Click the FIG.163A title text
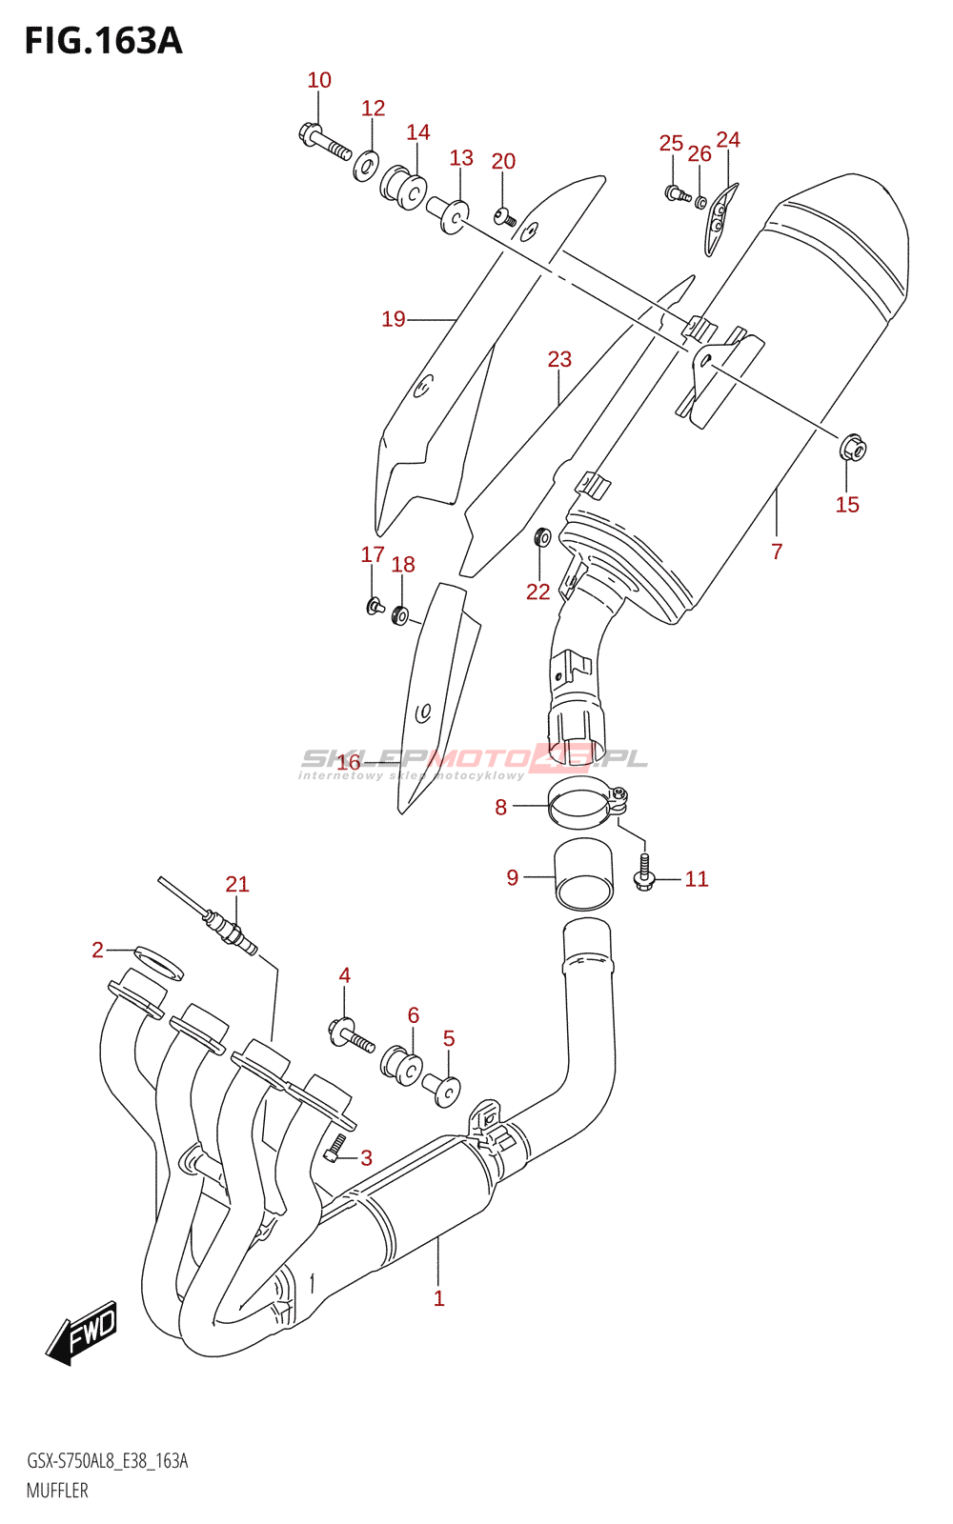[x=104, y=41]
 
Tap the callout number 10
[x=319, y=80]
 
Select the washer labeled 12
[x=367, y=165]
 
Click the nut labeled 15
[x=854, y=448]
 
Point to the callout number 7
[x=777, y=551]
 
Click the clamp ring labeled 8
[x=587, y=804]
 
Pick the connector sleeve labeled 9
[x=584, y=875]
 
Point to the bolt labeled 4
[x=352, y=1034]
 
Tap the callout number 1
[x=439, y=1298]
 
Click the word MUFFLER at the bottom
[x=57, y=1491]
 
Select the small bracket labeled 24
[x=720, y=220]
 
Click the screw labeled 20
[x=504, y=218]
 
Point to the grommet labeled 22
[x=542, y=537]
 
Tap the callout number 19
[x=394, y=319]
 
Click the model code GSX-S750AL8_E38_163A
[x=107, y=1461]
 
